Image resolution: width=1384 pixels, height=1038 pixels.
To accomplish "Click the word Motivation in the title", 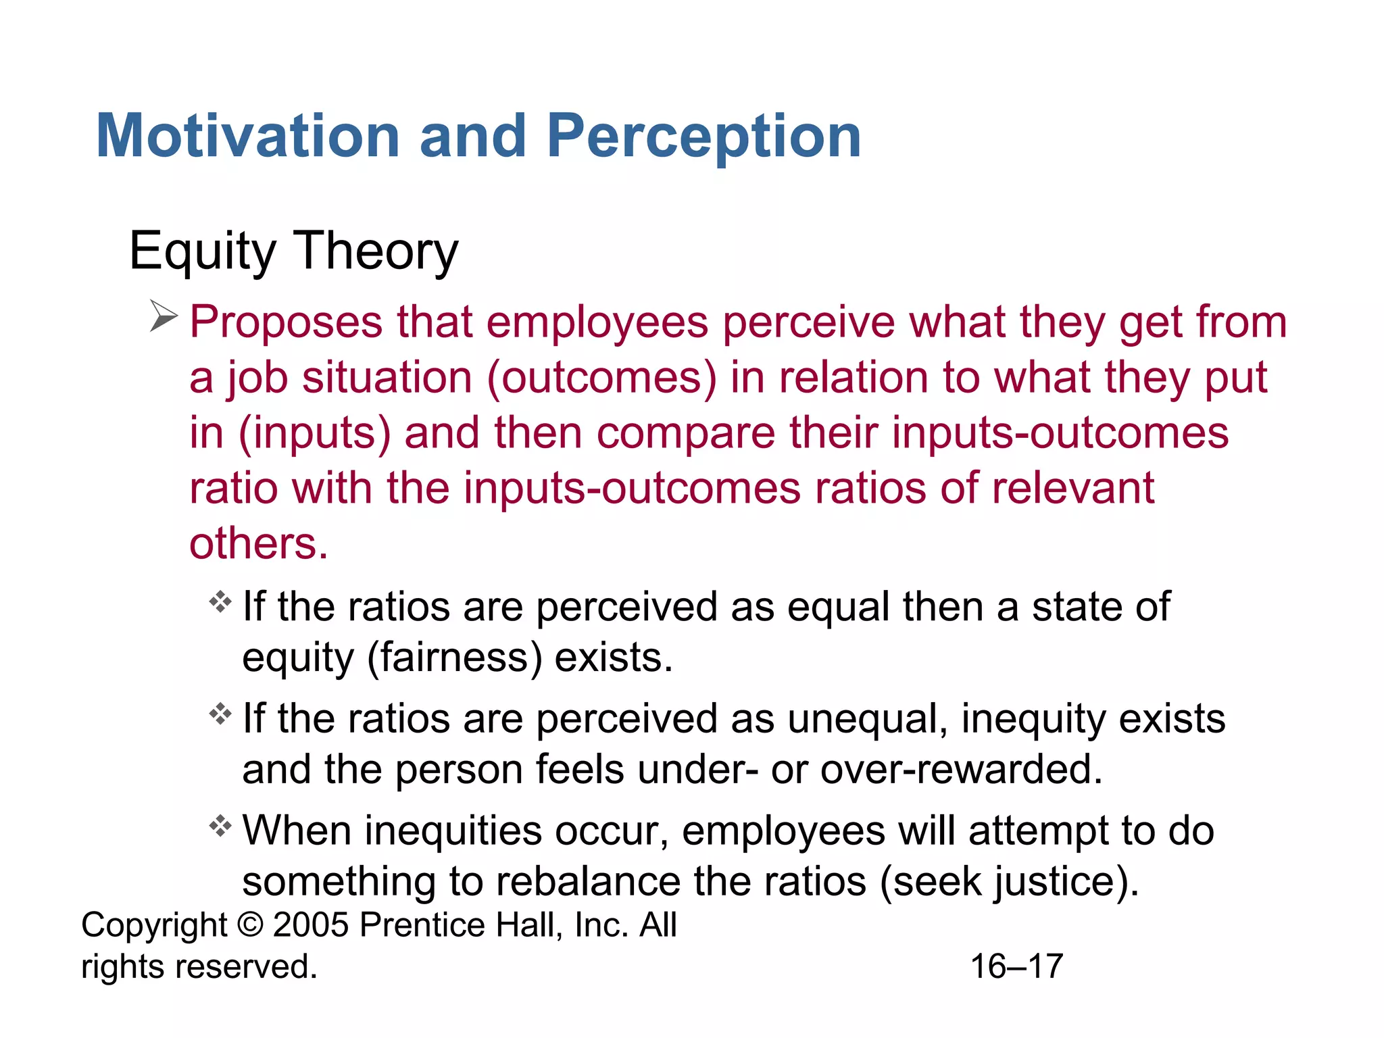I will click(x=249, y=137).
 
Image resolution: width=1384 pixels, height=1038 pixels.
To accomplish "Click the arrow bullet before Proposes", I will click(x=163, y=316).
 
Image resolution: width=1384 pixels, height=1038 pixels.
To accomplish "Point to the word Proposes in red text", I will click(x=285, y=323).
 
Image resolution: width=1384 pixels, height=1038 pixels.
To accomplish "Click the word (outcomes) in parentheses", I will click(x=601, y=378).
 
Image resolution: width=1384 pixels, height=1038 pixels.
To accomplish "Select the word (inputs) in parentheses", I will click(x=315, y=434).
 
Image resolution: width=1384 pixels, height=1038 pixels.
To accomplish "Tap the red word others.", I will click(x=258, y=544).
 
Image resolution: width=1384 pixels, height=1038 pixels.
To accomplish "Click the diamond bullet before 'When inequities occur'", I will click(x=220, y=826).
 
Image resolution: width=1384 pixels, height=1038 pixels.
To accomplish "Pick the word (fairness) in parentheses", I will click(x=454, y=658).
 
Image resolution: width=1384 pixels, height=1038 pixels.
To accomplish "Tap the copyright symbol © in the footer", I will click(x=250, y=925).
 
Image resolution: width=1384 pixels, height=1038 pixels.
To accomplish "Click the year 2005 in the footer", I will click(x=311, y=925).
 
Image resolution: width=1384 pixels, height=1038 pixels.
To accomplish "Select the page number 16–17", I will click(x=1016, y=966).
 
